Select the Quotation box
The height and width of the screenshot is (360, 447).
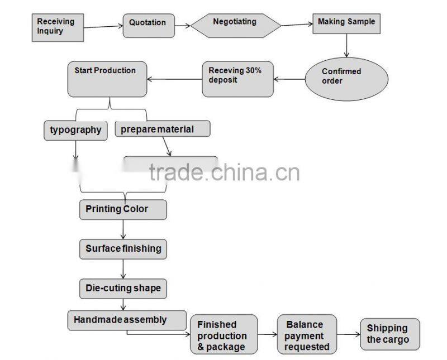click(x=148, y=25)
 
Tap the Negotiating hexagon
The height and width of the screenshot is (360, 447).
click(x=235, y=25)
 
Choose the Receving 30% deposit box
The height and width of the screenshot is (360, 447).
click(x=237, y=79)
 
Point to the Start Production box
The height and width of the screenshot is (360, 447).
click(x=107, y=79)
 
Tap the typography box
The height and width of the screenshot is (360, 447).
click(x=75, y=130)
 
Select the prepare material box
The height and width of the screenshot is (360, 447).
click(x=163, y=129)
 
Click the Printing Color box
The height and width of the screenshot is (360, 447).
click(x=123, y=209)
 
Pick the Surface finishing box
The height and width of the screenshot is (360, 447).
click(x=123, y=248)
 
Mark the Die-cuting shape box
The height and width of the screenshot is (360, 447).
click(x=123, y=288)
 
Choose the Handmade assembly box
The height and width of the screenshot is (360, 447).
click(x=127, y=320)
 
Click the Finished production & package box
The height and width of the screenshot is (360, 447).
click(x=224, y=335)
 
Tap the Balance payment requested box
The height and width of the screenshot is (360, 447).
click(x=306, y=335)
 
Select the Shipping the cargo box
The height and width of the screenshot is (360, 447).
click(x=389, y=334)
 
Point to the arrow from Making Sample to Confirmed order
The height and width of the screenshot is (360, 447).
click(x=346, y=47)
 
